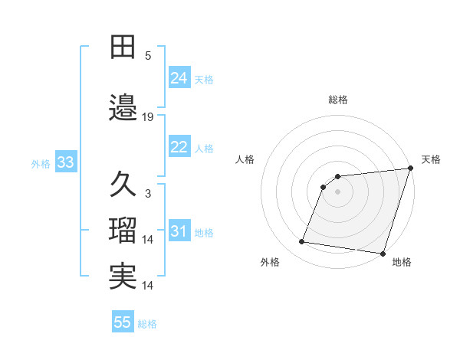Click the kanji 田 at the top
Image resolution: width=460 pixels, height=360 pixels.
[x=123, y=47]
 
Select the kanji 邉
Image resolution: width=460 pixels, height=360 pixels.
[x=123, y=107]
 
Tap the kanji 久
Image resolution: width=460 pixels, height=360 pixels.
[x=123, y=185]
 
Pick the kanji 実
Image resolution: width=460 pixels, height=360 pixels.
[x=123, y=277]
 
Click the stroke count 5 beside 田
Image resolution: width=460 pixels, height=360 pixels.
[x=148, y=56]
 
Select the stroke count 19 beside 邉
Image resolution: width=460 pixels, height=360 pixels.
[x=148, y=117]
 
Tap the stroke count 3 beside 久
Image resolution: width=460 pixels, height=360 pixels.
[x=148, y=194]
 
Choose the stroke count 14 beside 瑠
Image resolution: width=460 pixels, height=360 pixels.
[x=148, y=240]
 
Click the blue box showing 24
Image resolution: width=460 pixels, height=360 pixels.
[x=179, y=77]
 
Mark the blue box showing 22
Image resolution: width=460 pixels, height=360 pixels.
[x=179, y=147]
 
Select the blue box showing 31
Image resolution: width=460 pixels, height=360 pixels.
[x=179, y=231]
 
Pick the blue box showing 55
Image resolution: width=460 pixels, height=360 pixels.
[x=123, y=322]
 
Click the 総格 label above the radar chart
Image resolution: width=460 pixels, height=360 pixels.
[x=338, y=100]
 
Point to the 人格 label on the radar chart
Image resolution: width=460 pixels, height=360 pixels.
[x=245, y=159]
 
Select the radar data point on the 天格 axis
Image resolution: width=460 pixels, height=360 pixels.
[x=411, y=169]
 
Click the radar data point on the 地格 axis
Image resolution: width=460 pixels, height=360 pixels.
[x=383, y=253]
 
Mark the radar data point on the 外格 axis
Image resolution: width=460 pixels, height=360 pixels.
[x=302, y=242]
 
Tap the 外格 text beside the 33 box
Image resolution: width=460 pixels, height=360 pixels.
[x=40, y=163]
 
